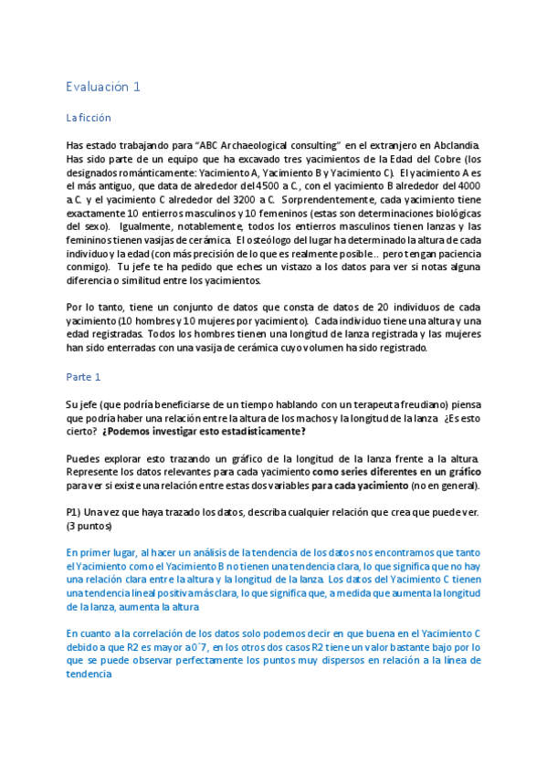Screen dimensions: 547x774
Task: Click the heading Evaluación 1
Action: (x=103, y=87)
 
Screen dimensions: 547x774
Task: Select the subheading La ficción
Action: (x=89, y=118)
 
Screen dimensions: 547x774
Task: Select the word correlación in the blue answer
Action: (x=136, y=633)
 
